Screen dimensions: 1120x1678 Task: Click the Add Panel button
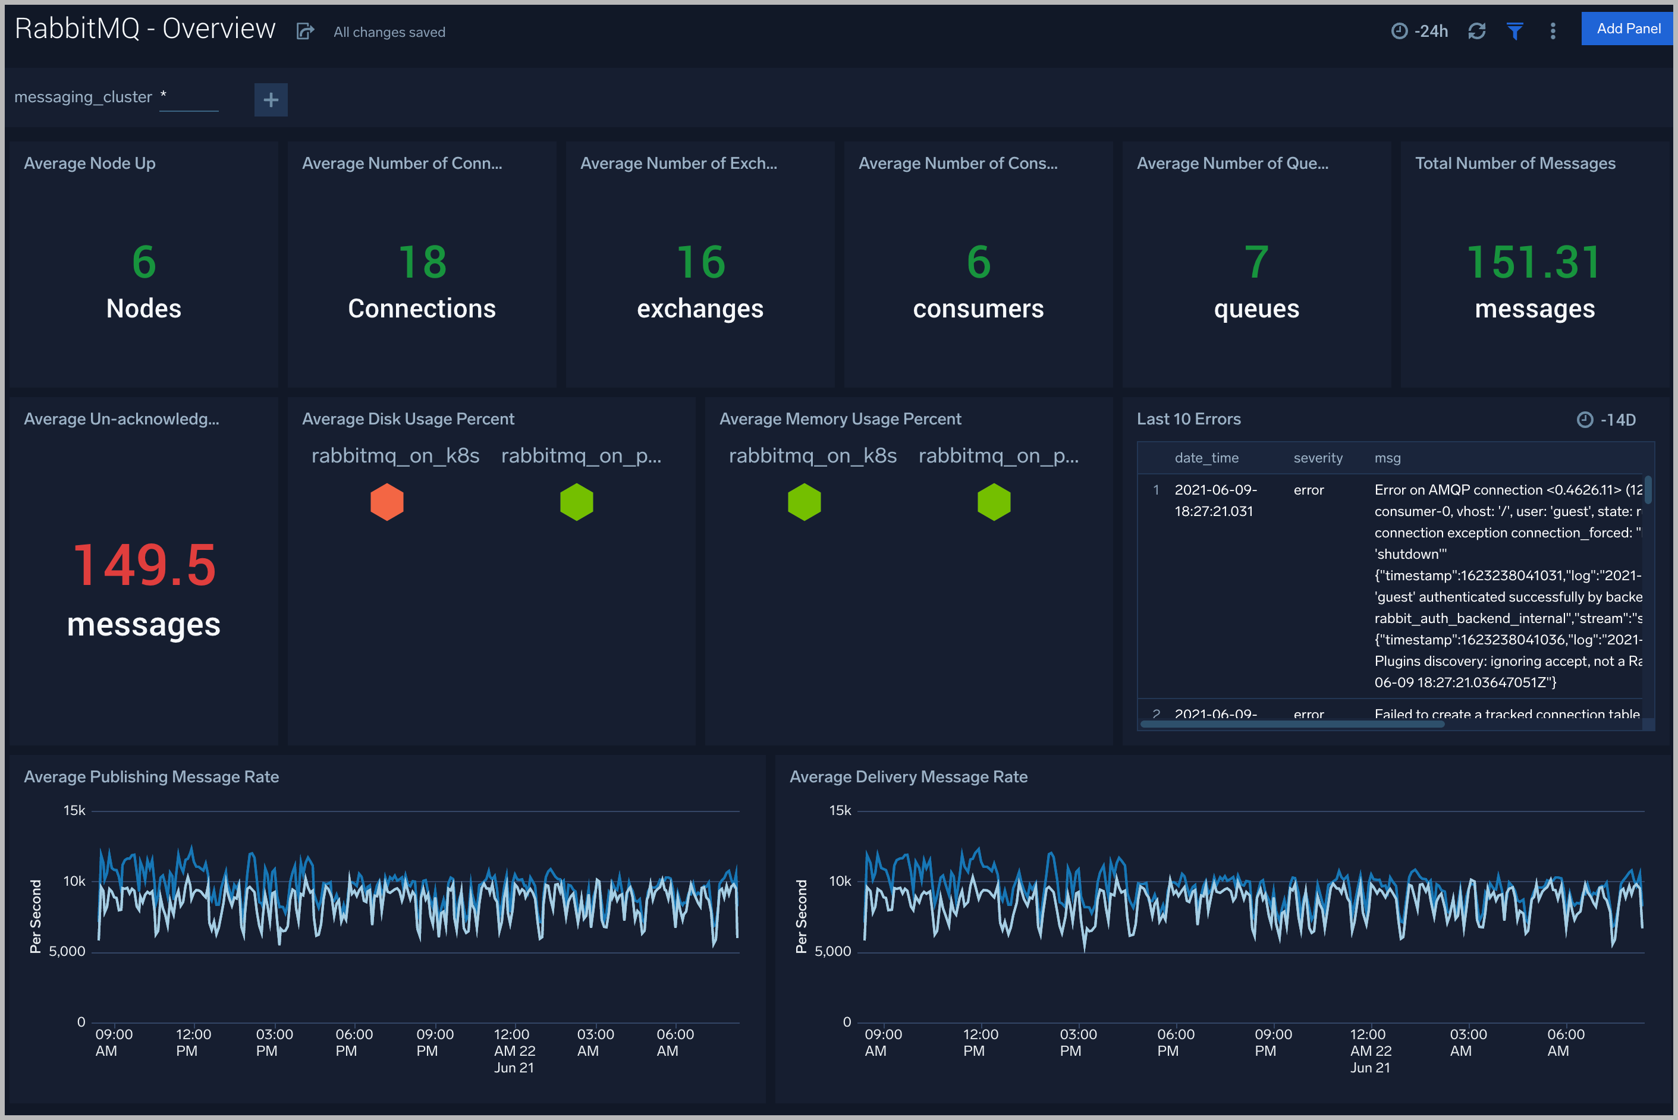point(1628,29)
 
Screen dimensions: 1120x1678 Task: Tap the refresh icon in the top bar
point(1476,31)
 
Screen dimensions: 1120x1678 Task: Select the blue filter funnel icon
point(1514,31)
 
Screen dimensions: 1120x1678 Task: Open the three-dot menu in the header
point(1553,31)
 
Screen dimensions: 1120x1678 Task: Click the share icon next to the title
point(305,32)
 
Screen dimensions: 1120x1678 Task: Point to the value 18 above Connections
point(422,262)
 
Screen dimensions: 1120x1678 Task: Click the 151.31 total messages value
point(1534,262)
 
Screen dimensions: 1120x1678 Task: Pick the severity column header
point(1317,458)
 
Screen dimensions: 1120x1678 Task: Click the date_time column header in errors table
point(1206,458)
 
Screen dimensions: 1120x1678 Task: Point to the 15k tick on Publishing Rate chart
point(74,810)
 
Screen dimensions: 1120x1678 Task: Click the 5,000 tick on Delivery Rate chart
point(833,951)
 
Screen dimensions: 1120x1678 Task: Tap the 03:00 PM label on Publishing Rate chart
point(274,1042)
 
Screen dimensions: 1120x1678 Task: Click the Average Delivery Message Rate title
point(908,776)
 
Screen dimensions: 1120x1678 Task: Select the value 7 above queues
point(1256,262)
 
